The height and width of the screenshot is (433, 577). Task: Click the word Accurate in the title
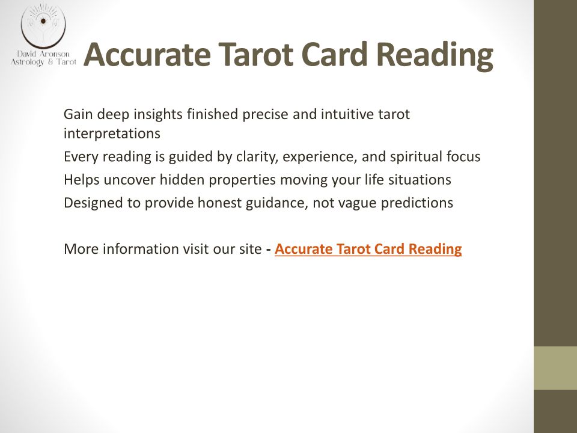coord(147,54)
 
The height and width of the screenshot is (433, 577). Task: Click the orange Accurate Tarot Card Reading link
coord(368,249)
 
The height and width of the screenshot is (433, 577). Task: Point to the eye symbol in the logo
coord(43,21)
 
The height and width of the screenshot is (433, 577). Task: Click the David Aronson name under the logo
coord(43,54)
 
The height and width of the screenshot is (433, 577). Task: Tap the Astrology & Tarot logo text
coord(43,62)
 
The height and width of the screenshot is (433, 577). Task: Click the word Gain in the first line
coord(78,114)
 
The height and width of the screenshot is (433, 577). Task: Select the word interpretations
coord(112,134)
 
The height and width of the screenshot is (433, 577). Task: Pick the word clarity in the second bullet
coord(257,157)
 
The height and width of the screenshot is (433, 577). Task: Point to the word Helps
coord(82,180)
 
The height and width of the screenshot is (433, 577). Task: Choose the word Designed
coord(93,203)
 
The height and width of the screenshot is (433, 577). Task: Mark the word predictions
coord(417,203)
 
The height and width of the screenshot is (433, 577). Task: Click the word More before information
coord(81,249)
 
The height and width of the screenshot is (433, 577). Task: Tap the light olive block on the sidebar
coord(555,368)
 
